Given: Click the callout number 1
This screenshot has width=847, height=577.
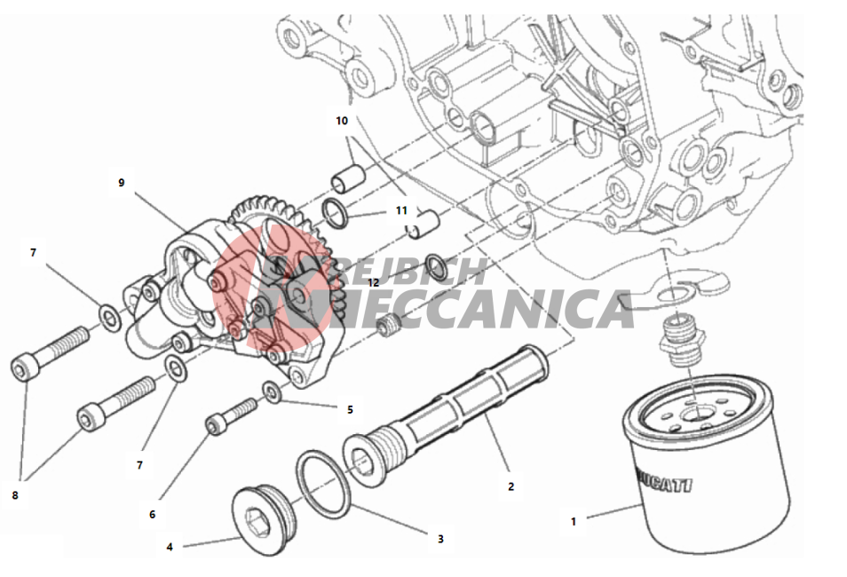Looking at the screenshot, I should tap(573, 521).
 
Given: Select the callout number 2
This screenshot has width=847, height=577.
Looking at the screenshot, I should tap(511, 486).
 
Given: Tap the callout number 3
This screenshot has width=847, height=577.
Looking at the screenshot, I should tap(440, 538).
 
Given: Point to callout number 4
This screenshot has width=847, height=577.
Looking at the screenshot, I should tap(170, 547).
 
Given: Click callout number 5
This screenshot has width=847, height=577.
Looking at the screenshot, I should tap(350, 409).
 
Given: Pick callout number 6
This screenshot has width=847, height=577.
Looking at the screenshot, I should tap(152, 514).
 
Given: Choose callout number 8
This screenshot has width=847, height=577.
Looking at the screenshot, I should tap(14, 494).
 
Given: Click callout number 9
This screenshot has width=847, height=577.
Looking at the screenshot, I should tap(121, 183).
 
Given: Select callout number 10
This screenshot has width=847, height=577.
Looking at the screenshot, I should tap(342, 121).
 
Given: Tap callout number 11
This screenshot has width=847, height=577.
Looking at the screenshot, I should tap(401, 211).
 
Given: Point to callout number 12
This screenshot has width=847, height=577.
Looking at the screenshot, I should tap(373, 282).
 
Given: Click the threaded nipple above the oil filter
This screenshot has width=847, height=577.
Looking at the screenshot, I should tap(680, 341).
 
